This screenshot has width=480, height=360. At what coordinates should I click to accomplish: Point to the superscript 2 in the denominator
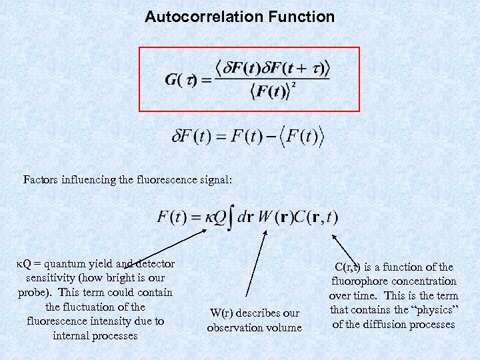[x=293, y=86]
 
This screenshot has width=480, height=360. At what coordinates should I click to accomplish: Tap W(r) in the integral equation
[x=273, y=217]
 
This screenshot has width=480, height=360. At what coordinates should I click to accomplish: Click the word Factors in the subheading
[x=41, y=179]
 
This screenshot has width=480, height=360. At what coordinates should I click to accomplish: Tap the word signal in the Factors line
[x=213, y=179]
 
